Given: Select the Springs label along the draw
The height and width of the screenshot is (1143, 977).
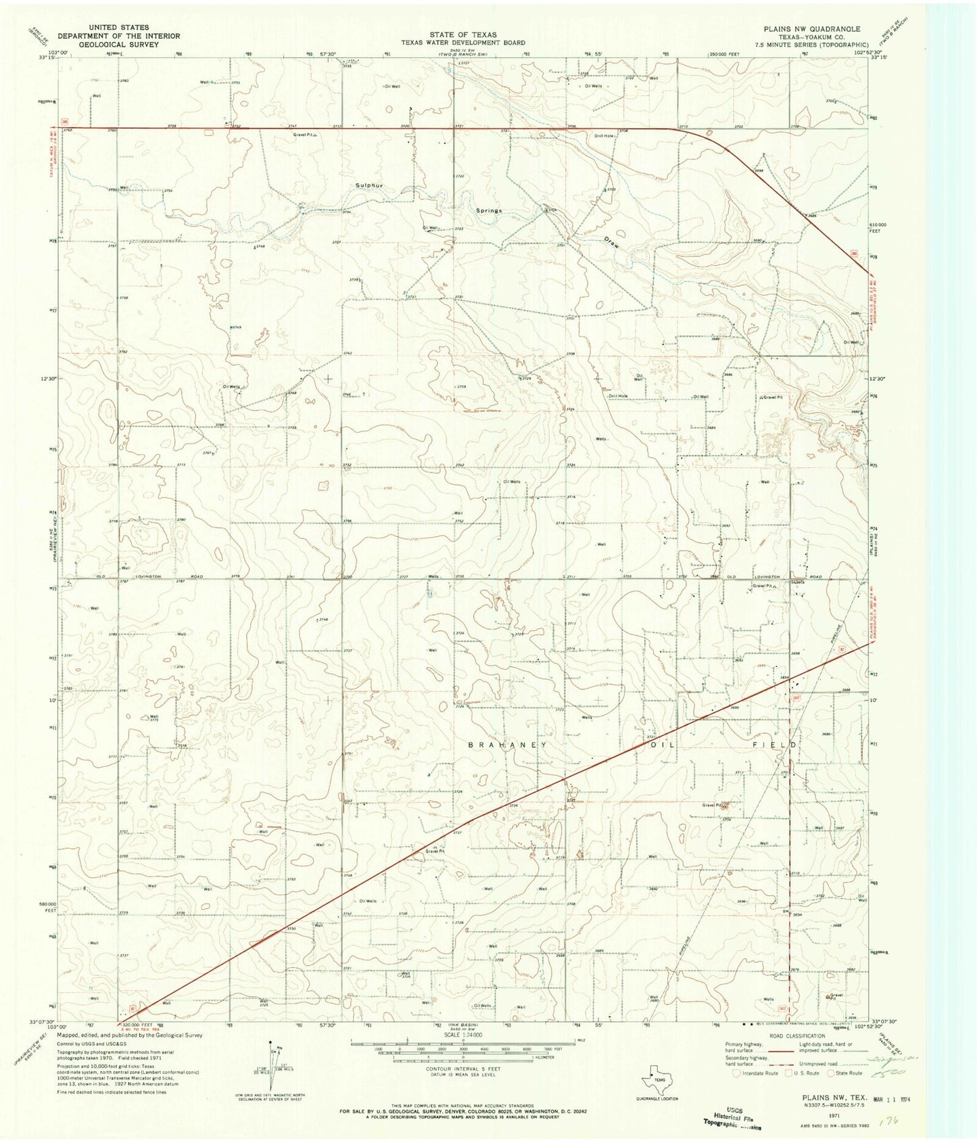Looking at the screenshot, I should point(488,210).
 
